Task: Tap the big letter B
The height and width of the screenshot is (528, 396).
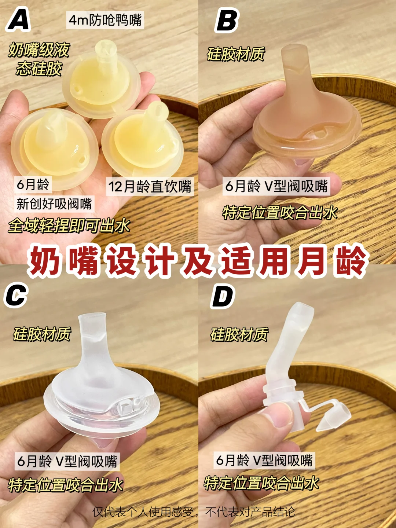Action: click(226, 20)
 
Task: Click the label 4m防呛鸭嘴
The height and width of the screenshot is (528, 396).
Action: click(105, 20)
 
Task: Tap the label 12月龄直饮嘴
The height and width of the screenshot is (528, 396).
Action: click(150, 186)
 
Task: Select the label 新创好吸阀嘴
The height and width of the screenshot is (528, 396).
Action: click(54, 204)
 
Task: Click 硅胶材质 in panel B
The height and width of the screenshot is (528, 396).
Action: click(236, 54)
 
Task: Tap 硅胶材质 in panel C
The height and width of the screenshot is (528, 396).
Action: click(42, 334)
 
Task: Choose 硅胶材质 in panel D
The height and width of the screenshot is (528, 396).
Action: click(239, 334)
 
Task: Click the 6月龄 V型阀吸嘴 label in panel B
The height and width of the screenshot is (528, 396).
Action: click(276, 186)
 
